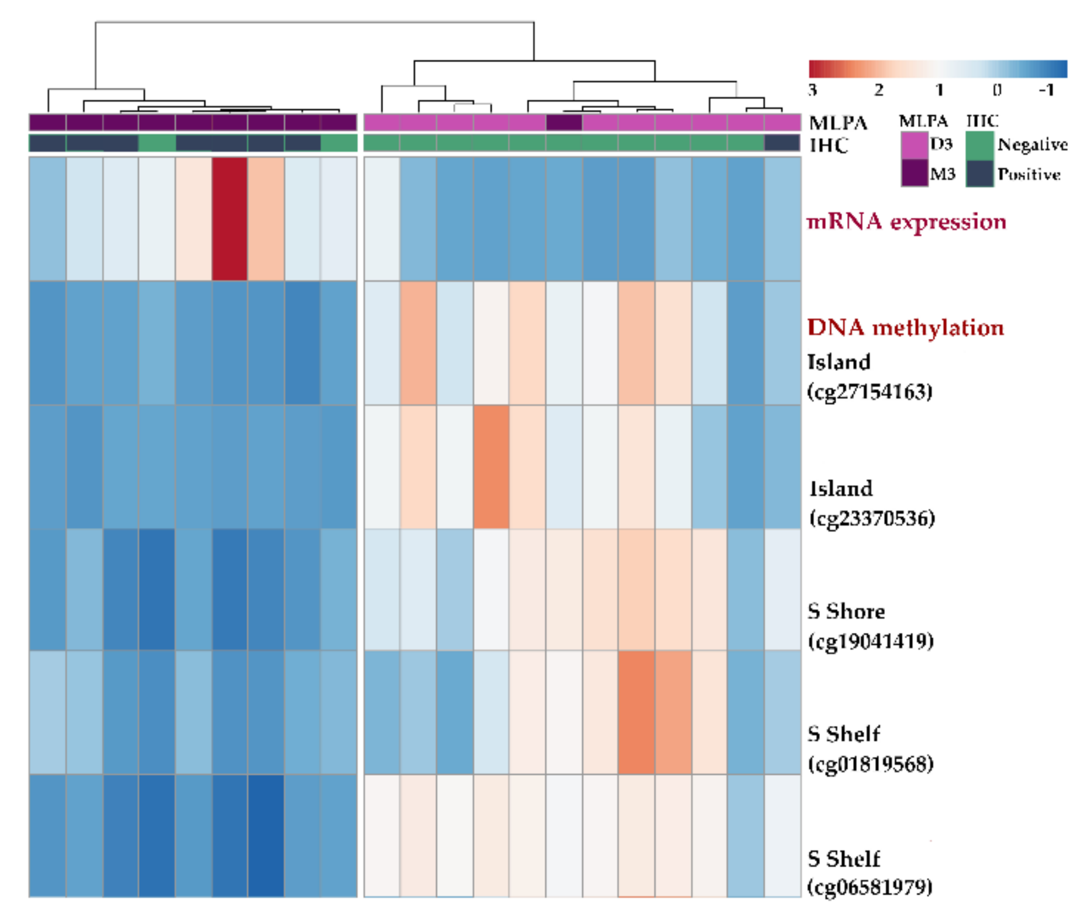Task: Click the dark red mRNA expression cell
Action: tap(229, 219)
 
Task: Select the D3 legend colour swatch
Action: tap(914, 145)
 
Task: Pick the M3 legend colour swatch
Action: tap(914, 173)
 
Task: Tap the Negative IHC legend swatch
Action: tap(980, 145)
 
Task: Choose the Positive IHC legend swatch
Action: tap(980, 173)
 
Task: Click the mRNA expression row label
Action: tap(906, 222)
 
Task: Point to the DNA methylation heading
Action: tap(905, 328)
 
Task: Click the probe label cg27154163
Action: tap(869, 391)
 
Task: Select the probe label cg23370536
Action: tap(871, 518)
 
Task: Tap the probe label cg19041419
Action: tap(870, 641)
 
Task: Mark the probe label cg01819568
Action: tap(870, 764)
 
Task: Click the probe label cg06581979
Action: tap(869, 887)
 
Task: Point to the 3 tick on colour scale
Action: tap(812, 90)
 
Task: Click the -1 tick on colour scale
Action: tap(1046, 90)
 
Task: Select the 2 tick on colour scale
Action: tap(878, 90)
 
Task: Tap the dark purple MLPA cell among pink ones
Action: tap(564, 122)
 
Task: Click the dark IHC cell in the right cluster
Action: tap(782, 143)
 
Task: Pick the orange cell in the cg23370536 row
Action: tap(491, 467)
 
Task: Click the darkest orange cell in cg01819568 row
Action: tap(637, 712)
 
